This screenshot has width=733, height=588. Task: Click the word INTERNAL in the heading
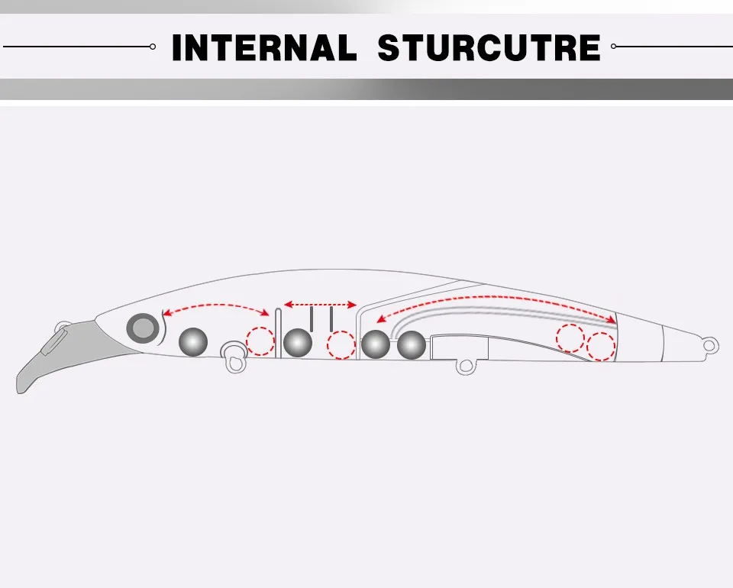(x=265, y=47)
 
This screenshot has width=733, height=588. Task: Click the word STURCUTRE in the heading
(x=489, y=47)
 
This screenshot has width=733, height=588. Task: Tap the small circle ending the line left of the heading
(x=153, y=47)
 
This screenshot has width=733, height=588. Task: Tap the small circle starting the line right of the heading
(x=613, y=47)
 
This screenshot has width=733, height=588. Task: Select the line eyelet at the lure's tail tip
(x=709, y=346)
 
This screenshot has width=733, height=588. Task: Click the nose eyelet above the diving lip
(x=62, y=327)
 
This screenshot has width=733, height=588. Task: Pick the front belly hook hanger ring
(x=234, y=357)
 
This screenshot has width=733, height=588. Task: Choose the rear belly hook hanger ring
(x=466, y=366)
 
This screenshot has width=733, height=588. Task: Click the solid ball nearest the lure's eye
(x=193, y=341)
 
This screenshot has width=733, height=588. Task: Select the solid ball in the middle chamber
(x=298, y=343)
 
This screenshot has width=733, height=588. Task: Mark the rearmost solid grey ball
(x=412, y=345)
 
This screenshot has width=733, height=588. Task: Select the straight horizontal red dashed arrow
(x=320, y=305)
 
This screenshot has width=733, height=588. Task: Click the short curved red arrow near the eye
(x=216, y=305)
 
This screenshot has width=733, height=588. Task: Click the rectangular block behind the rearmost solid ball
(x=460, y=347)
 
